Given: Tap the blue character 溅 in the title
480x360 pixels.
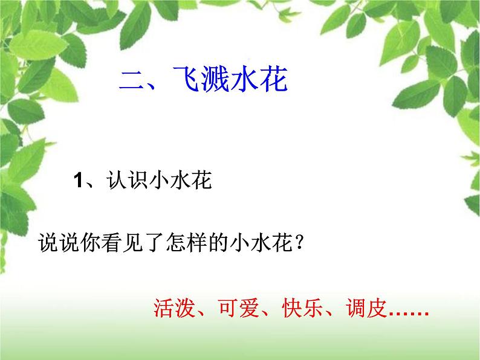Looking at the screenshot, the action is [216, 79].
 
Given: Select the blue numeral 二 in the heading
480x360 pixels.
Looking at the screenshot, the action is [132, 80].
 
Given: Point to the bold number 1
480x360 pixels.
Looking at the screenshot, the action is [78, 180].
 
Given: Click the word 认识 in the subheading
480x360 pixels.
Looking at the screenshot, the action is [128, 180].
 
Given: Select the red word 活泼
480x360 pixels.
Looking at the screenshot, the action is [174, 307].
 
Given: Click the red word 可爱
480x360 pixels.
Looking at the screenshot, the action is [238, 307].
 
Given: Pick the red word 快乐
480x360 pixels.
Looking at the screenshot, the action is [302, 307].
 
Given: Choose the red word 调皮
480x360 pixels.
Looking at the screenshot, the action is [366, 307].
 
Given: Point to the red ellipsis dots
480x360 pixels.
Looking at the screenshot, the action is [409, 313].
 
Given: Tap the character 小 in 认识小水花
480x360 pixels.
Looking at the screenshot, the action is [160, 180].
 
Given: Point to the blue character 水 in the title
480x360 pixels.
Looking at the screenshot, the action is [244, 79].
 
